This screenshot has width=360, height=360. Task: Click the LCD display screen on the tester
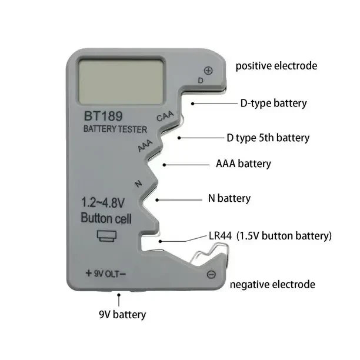(121, 81)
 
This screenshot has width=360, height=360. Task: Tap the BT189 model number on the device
(104, 116)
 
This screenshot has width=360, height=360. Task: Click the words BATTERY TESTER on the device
(115, 129)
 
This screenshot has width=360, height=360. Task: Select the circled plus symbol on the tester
(208, 71)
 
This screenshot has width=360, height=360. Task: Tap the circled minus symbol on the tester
(211, 274)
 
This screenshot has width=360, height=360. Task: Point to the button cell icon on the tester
(106, 236)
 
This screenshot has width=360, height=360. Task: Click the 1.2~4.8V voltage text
(103, 203)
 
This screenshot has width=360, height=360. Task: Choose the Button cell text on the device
(106, 218)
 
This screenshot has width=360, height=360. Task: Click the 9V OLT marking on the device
(106, 274)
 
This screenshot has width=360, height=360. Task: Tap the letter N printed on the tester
(138, 184)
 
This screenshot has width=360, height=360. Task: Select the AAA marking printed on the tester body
(145, 145)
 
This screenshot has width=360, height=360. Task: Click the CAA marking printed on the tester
(165, 116)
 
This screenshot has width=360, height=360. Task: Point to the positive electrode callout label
(276, 66)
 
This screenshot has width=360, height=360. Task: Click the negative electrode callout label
(272, 285)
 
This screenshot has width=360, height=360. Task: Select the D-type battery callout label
(274, 104)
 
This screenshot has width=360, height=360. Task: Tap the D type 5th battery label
(268, 138)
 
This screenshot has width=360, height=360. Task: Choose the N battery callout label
(229, 198)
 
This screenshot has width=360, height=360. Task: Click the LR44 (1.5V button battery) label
(270, 236)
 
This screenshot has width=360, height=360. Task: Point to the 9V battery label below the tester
(122, 315)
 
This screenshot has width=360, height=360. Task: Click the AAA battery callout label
(244, 164)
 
